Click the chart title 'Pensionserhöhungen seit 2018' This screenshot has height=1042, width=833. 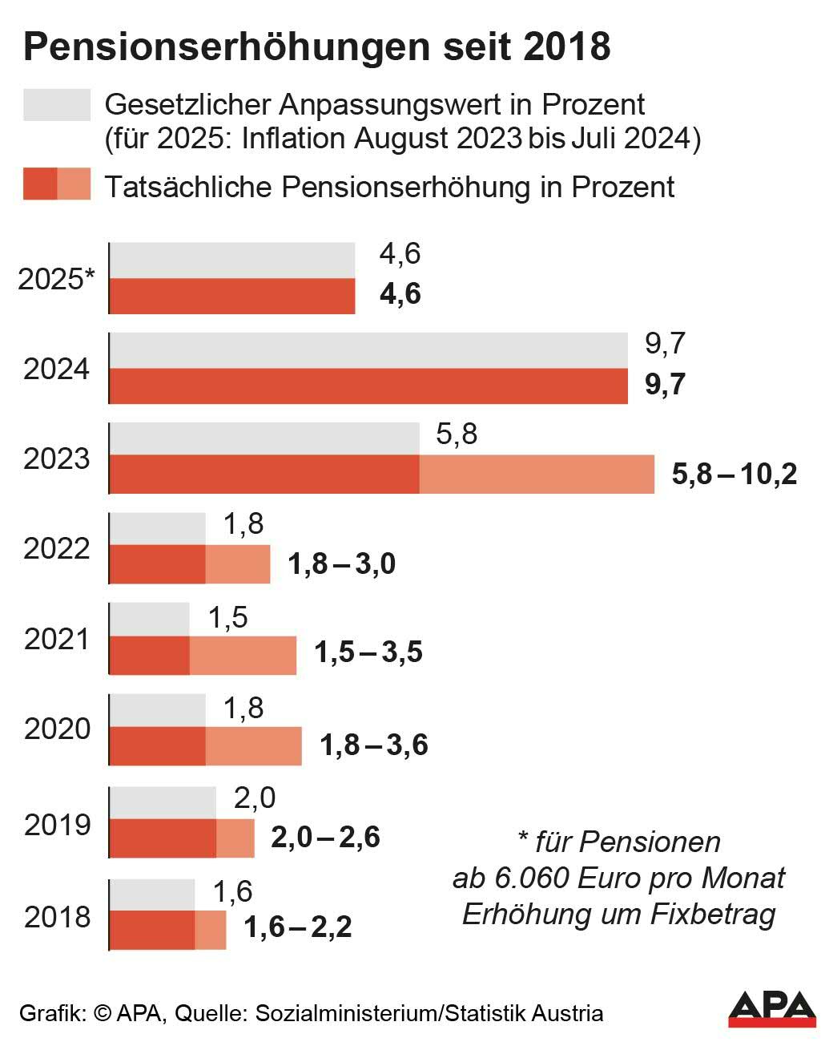[x=316, y=47]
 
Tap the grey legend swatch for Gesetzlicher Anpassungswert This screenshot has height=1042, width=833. [x=57, y=105]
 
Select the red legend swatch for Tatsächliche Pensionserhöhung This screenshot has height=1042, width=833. [x=57, y=184]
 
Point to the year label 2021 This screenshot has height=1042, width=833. [x=57, y=639]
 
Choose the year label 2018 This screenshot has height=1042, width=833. [x=57, y=917]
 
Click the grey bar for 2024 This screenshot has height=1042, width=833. [x=368, y=350]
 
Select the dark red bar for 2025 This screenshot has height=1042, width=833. [x=231, y=296]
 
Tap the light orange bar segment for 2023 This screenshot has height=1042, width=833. [x=536, y=475]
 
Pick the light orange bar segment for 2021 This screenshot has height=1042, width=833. [x=243, y=655]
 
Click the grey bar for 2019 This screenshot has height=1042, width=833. [x=162, y=802]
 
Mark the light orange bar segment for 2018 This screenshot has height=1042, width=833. [x=210, y=931]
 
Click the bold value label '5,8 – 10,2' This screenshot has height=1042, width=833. [x=734, y=475]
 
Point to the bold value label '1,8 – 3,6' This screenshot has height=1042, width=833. [x=373, y=745]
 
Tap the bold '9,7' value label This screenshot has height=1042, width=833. [x=665, y=385]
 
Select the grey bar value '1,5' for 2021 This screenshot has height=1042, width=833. [x=227, y=618]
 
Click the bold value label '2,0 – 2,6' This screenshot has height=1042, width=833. [x=325, y=838]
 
